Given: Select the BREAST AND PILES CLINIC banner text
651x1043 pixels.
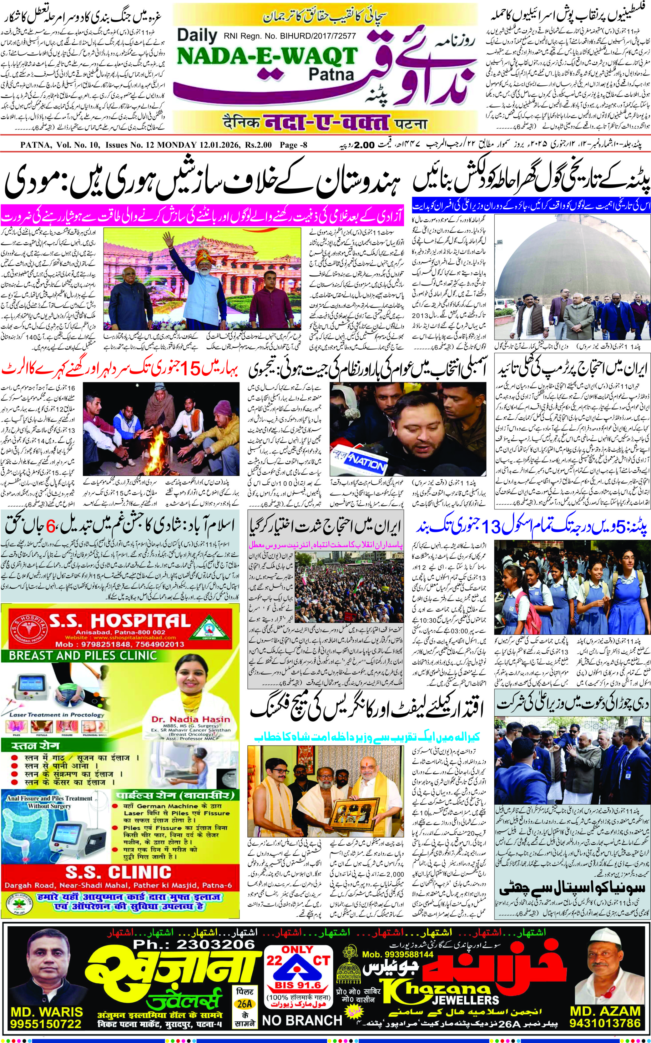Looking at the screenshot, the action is pos(83,656).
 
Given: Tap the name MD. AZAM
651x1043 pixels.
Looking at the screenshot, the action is pos(605,1007).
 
